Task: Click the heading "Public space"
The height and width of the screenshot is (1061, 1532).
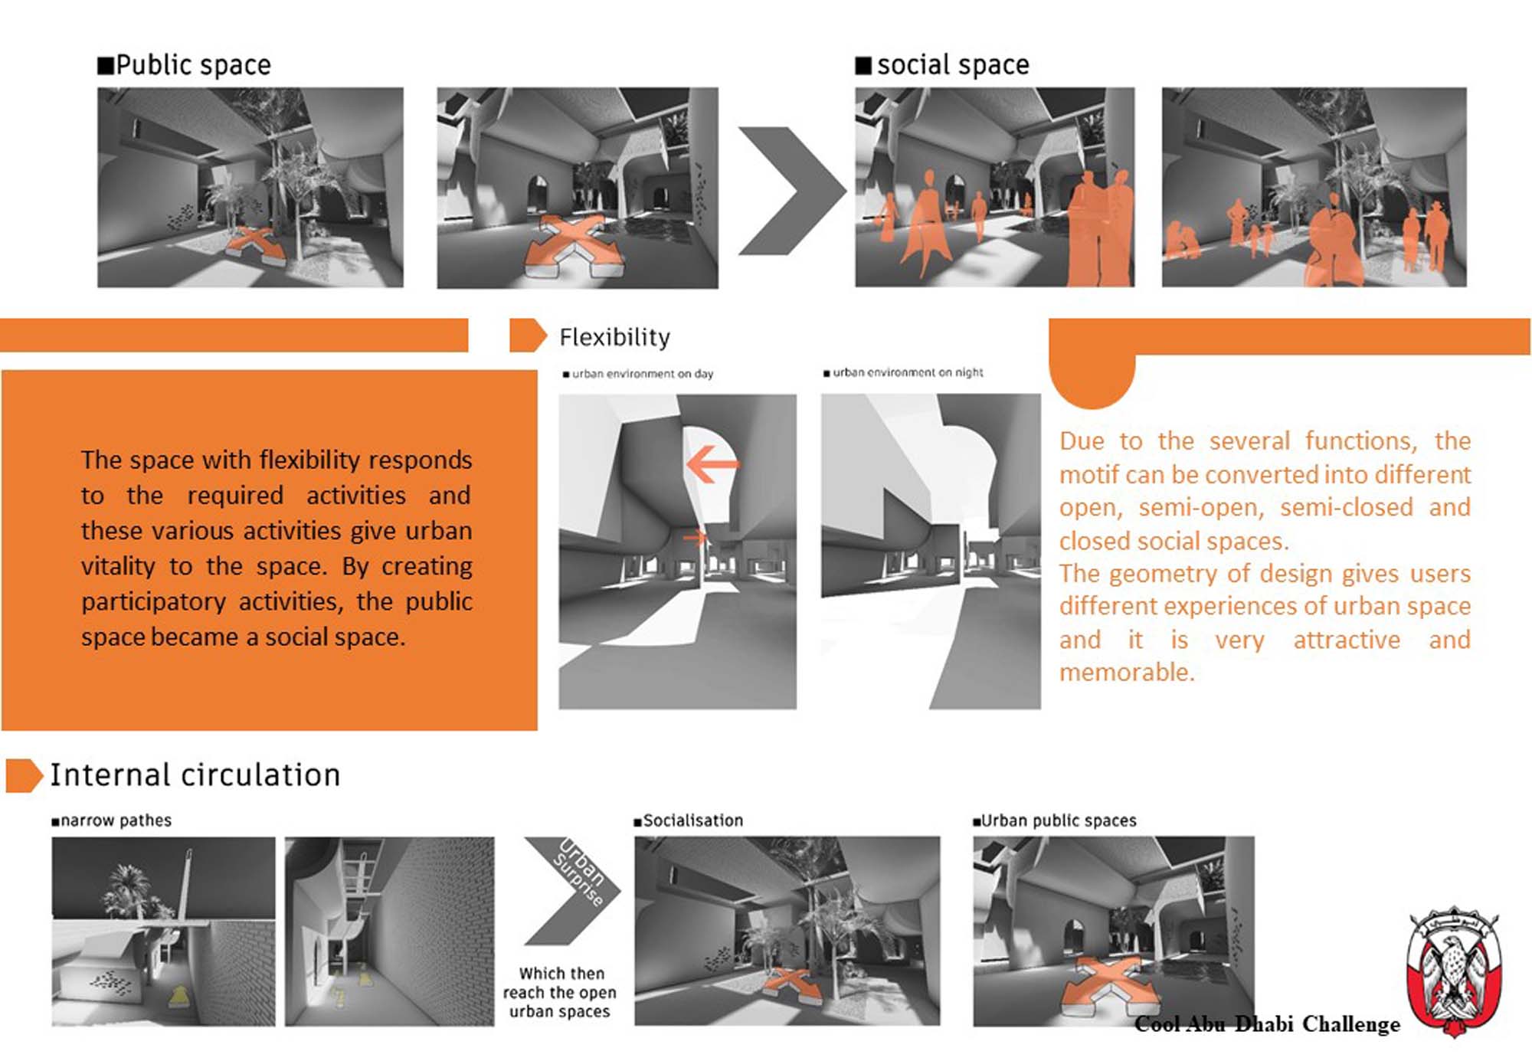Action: click(184, 65)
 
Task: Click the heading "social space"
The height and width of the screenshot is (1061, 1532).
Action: click(943, 65)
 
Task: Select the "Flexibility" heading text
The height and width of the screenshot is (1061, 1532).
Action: click(614, 337)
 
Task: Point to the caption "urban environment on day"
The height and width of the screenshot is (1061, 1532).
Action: click(638, 374)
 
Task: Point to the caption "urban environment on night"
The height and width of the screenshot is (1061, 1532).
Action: click(903, 372)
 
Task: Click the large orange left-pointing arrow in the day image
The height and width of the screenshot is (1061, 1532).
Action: click(712, 463)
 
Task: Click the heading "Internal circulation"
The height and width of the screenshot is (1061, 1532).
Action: click(195, 775)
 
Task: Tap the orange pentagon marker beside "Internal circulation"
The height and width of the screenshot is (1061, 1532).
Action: click(24, 775)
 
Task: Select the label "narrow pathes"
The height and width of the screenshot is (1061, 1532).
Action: click(112, 820)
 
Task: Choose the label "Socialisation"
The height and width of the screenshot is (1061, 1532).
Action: click(689, 820)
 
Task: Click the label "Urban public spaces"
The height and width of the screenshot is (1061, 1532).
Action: click(1055, 820)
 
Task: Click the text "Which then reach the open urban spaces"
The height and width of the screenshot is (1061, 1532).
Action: click(560, 992)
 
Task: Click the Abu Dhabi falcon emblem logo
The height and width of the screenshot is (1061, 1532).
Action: click(1453, 971)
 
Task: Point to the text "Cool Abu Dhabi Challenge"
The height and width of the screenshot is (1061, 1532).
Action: click(1267, 1024)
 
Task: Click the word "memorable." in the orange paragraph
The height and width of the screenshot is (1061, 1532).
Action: click(1127, 673)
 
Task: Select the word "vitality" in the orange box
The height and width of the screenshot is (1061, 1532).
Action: click(119, 566)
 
